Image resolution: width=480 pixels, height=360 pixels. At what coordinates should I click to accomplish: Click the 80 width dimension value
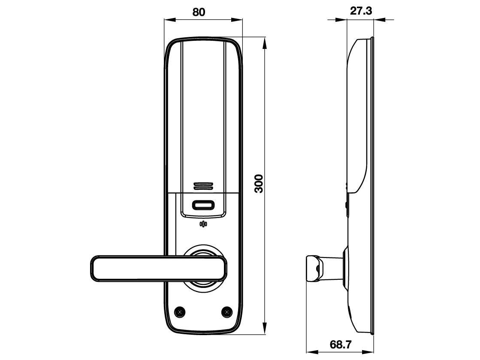pyautogui.click(x=198, y=12)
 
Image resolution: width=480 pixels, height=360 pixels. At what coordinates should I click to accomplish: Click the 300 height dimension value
pyautogui.click(x=259, y=183)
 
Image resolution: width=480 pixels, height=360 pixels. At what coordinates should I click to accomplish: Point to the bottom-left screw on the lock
pyautogui.click(x=180, y=311)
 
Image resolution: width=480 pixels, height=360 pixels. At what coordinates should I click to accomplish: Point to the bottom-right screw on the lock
pyautogui.click(x=226, y=311)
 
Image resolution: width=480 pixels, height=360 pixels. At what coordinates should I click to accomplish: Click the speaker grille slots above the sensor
pyautogui.click(x=203, y=186)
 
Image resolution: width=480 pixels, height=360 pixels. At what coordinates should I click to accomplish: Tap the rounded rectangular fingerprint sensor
pyautogui.click(x=203, y=206)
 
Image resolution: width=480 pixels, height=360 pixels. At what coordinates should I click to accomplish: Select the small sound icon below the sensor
pyautogui.click(x=203, y=224)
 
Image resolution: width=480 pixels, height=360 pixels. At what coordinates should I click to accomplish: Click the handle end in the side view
pyautogui.click(x=312, y=268)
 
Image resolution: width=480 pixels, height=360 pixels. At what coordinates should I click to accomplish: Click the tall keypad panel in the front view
pyautogui.click(x=202, y=112)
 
